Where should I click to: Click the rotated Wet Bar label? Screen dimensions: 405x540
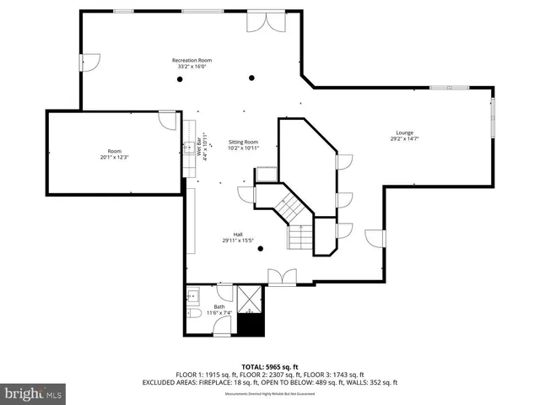tap(202, 148)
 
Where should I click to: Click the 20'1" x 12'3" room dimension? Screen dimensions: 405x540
tap(115, 157)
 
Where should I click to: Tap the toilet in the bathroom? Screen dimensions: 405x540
tap(193, 313)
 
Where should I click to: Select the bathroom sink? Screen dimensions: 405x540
tap(192, 295)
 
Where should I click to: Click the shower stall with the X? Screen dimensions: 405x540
tap(251, 300)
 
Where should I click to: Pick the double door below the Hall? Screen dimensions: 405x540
tap(281, 276)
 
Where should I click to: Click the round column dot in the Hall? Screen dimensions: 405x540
tap(260, 248)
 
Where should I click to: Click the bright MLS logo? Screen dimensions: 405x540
tap(34, 393)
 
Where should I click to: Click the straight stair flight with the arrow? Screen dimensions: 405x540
tap(300, 237)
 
